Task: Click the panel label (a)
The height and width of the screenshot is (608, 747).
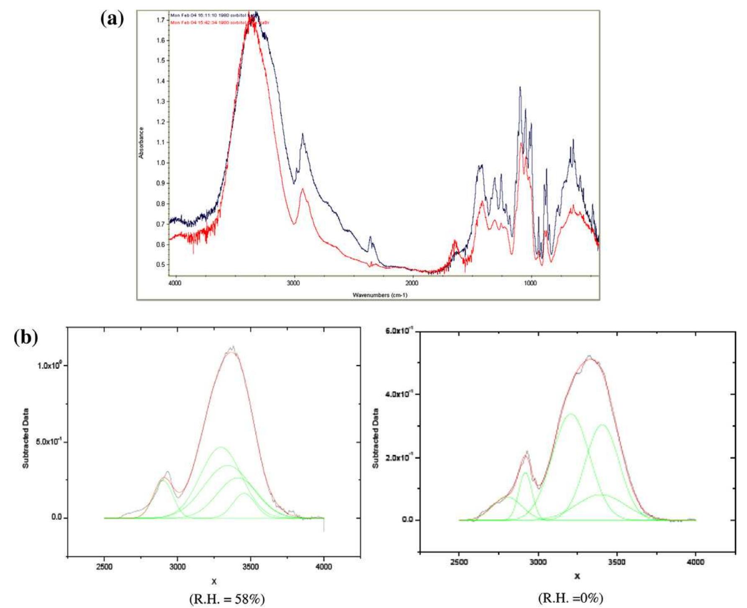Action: [x=112, y=19]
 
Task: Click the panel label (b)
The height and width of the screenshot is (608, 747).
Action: [x=26, y=337]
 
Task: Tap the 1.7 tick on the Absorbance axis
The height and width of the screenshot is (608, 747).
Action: [x=160, y=20]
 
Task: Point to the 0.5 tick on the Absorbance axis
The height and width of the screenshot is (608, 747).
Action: [x=160, y=265]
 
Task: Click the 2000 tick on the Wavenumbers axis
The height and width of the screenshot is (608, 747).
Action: [x=412, y=283]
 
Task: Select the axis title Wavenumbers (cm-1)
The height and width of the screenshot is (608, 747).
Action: [x=380, y=295]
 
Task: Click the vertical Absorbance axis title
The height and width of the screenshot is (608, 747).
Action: [x=141, y=143]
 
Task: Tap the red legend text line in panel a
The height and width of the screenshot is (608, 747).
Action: [x=219, y=22]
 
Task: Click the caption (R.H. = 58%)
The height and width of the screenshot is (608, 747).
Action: [x=227, y=599]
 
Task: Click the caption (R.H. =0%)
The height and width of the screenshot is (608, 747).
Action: [x=571, y=598]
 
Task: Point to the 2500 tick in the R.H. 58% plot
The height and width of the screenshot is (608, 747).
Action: [x=104, y=567]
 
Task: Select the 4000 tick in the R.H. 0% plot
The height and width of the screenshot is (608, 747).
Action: [x=696, y=562]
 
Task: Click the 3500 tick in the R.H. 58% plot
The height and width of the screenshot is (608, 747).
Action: [x=250, y=567]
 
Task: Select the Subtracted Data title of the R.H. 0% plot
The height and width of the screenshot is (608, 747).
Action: [x=375, y=438]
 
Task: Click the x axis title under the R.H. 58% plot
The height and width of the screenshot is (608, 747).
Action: [x=214, y=581]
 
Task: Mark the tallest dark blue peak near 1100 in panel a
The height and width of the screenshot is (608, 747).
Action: [x=520, y=88]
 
